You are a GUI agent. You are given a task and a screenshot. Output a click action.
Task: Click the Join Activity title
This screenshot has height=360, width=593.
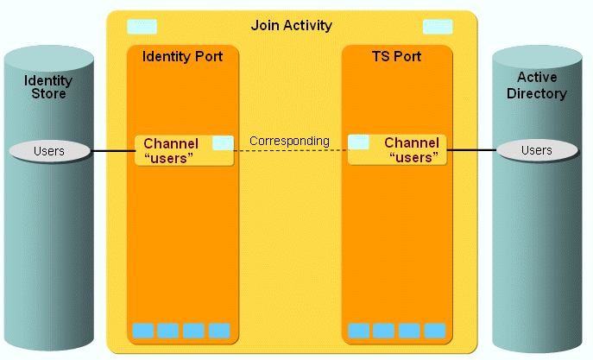[291, 26]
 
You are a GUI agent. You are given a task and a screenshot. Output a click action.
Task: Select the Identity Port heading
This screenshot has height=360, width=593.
[182, 57]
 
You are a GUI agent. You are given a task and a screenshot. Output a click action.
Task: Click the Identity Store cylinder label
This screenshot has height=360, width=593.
[48, 87]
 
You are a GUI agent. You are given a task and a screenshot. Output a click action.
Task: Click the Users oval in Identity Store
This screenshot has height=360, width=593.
[49, 151]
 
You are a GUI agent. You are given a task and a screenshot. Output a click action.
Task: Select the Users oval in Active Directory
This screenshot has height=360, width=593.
[537, 150]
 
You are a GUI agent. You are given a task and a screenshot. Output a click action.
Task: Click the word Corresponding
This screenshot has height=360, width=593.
[289, 140]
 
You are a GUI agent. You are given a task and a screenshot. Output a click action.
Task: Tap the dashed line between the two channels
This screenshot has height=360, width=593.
[290, 151]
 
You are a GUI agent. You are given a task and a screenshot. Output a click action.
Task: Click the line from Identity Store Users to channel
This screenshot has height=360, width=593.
[112, 151]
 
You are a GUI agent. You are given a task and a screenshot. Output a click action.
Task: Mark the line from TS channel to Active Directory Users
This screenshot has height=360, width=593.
[471, 150]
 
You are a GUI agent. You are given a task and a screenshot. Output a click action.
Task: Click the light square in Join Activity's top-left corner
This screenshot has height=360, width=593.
[142, 26]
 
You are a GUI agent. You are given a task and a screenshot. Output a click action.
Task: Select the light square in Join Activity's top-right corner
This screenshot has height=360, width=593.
[438, 26]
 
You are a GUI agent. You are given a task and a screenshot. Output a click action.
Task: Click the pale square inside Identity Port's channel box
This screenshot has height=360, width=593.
[223, 142]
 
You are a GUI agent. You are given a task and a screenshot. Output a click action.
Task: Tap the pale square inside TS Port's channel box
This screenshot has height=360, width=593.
[359, 142]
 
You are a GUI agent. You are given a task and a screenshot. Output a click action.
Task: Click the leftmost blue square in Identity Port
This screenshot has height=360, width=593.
[143, 331]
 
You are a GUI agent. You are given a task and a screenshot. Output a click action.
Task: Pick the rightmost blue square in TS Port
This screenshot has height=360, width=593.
[434, 331]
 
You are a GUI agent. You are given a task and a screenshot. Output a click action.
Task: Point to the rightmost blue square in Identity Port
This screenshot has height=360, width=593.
[219, 331]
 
